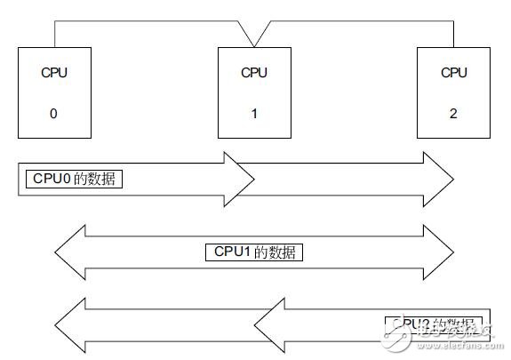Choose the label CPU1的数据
(x=254, y=252)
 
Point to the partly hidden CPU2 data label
(x=433, y=324)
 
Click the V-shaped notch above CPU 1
(x=254, y=36)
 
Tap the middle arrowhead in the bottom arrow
(x=269, y=324)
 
